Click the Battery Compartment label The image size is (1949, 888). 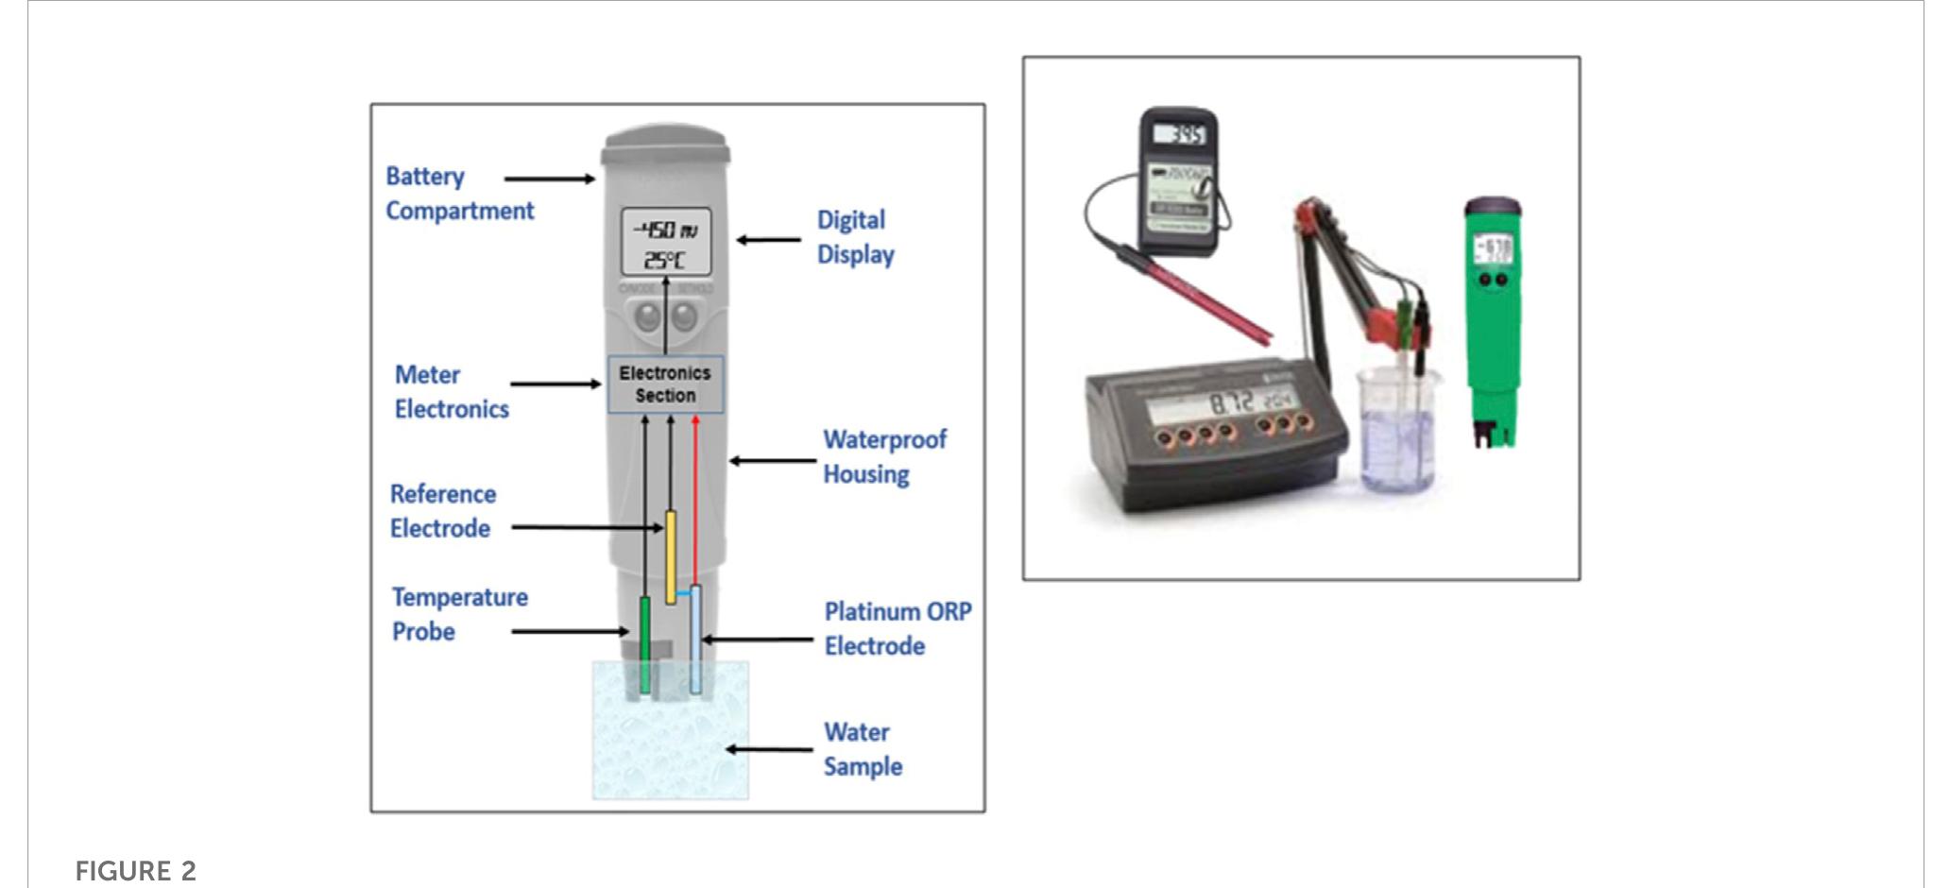point(459,194)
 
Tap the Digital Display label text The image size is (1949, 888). point(855,237)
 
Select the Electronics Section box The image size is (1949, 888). point(665,384)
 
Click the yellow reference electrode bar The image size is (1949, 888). point(671,556)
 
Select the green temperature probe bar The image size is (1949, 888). point(645,645)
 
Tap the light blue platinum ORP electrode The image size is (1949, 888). point(696,640)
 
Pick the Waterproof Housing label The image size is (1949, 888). point(883,456)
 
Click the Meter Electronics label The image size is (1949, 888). point(451,392)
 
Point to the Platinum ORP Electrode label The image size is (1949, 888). point(897,628)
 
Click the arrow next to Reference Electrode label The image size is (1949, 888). point(586,527)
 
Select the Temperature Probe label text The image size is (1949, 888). point(459,614)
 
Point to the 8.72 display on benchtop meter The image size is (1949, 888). point(1232,402)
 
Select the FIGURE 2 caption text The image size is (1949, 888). point(135,871)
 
